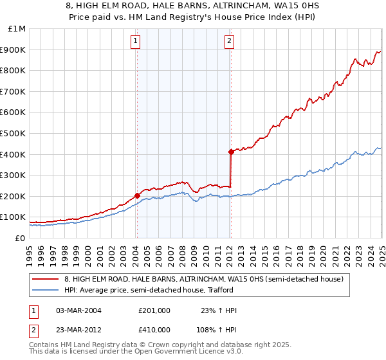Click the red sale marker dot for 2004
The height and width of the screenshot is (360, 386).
[137, 195]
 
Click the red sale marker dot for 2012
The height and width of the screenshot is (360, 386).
[230, 152]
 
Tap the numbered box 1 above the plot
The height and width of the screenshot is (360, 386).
[136, 42]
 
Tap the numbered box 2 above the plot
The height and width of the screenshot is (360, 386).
[230, 42]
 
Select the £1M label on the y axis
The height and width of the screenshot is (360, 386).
[17, 28]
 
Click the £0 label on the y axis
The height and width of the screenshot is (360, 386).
[21, 238]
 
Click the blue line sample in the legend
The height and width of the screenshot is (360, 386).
[46, 290]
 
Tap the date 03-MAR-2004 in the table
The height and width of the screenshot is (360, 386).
[79, 310]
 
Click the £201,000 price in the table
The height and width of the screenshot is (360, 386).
[154, 310]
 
